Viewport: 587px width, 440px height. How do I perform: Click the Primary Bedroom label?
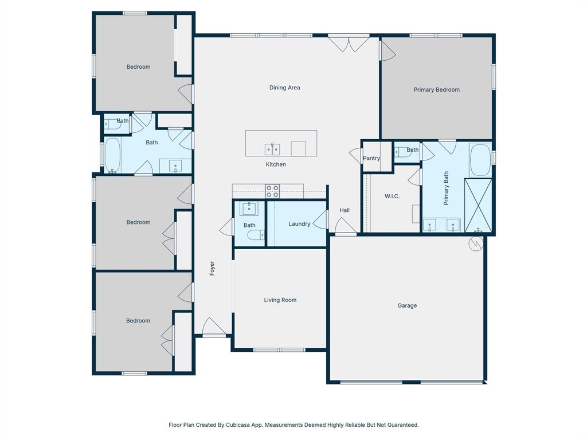tap(436, 89)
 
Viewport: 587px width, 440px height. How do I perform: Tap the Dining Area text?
tap(285, 88)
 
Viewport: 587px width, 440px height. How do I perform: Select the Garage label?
tap(407, 305)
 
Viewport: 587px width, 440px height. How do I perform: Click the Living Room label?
tap(280, 300)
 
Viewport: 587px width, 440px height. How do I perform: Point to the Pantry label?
tap(371, 158)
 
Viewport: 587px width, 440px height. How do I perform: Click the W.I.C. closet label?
tap(392, 197)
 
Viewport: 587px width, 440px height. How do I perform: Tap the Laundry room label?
tap(299, 224)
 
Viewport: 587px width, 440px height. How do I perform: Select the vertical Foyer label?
tap(212, 268)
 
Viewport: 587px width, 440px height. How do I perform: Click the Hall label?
tap(345, 210)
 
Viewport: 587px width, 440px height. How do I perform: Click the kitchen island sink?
tap(272, 150)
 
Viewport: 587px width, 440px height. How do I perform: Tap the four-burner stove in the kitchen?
tap(272, 190)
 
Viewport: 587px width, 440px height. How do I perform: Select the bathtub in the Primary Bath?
tap(480, 160)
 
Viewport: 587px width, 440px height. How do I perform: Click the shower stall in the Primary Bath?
tap(478, 205)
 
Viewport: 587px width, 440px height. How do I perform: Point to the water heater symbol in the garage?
tap(476, 244)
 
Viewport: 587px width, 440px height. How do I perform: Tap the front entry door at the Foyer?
tap(214, 328)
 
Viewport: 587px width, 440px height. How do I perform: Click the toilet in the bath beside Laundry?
tap(260, 234)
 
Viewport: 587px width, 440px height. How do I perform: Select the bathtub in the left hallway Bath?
tap(112, 155)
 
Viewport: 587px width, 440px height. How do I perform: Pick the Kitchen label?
tap(275, 164)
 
